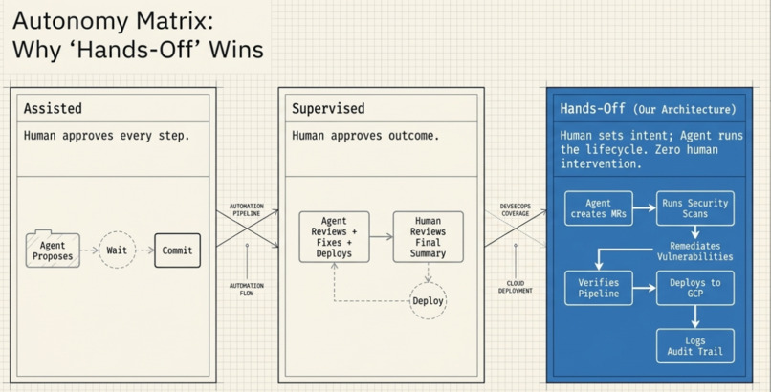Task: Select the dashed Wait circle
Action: coord(117,250)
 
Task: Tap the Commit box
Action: coord(178,250)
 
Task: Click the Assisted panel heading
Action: coord(53,108)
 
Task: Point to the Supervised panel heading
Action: coord(328,108)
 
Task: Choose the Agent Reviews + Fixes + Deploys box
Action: coord(335,237)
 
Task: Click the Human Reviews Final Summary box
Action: coord(428,237)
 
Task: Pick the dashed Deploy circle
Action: coord(428,300)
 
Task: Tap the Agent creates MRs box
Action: coord(599,208)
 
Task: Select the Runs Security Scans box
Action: coord(694,208)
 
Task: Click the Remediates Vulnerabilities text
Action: coord(694,251)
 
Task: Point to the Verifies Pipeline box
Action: coord(599,288)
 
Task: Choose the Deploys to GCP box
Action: coord(694,288)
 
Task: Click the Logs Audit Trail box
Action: coord(694,346)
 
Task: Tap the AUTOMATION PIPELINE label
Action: coord(247,209)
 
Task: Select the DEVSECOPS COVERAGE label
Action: coord(516,209)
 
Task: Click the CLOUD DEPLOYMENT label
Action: coord(516,287)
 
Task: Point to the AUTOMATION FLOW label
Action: coord(247,290)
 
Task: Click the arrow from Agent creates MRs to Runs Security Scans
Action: coord(644,208)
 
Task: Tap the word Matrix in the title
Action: coord(174,21)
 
